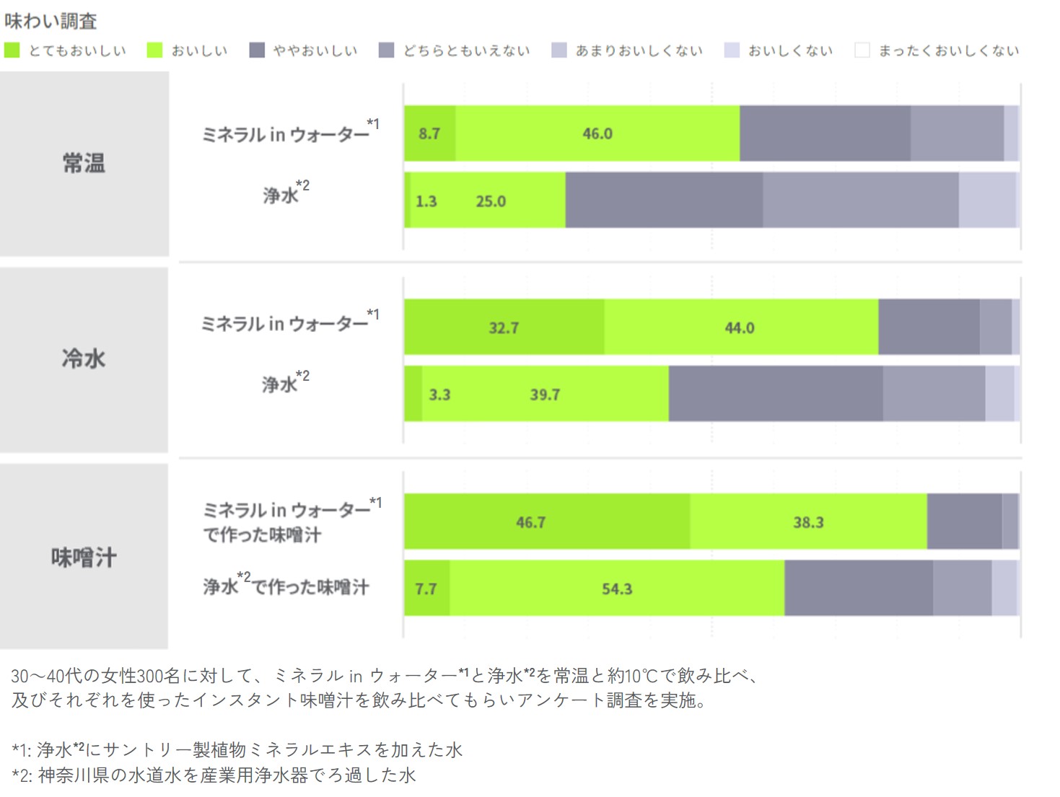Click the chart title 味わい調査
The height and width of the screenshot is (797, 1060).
[x=51, y=21]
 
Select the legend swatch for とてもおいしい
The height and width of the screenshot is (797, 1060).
[x=12, y=50]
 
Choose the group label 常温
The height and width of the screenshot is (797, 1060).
[x=84, y=164]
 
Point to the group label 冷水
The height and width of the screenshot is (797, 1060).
[x=84, y=358]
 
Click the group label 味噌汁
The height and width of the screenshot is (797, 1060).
[x=84, y=558]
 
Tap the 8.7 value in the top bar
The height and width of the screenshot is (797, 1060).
[x=429, y=133]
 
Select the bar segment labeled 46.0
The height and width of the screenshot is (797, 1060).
[x=597, y=133]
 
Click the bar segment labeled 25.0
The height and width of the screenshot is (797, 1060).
[x=491, y=201]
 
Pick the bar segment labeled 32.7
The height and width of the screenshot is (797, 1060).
[x=504, y=328]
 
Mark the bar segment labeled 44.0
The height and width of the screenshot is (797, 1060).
[x=740, y=328]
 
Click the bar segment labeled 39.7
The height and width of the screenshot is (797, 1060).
[x=545, y=395]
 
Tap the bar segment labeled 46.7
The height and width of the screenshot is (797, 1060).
[x=530, y=522]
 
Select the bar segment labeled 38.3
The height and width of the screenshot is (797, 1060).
[x=808, y=522]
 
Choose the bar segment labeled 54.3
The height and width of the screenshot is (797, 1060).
[x=617, y=589]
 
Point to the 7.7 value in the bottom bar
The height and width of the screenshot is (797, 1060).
[x=426, y=589]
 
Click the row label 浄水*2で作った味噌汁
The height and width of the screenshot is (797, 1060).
[x=286, y=586]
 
